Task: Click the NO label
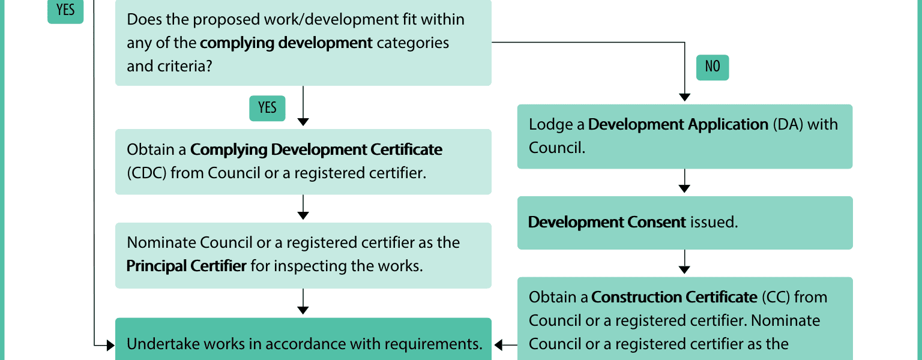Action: click(713, 67)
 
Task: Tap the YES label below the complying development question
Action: click(267, 108)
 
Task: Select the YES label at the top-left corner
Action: click(65, 10)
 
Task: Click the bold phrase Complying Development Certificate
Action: click(316, 150)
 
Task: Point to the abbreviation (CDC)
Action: click(146, 173)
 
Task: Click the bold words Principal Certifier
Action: click(187, 266)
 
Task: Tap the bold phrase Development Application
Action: click(678, 125)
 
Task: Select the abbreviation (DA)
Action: click(788, 125)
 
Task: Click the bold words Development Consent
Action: click(607, 222)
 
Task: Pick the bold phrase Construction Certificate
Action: click(674, 297)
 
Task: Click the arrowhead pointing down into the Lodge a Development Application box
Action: click(684, 98)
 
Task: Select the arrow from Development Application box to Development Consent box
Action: click(684, 181)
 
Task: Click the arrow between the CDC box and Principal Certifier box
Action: click(303, 207)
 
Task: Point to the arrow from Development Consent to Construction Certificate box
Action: click(684, 262)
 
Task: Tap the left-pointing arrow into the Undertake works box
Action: click(505, 345)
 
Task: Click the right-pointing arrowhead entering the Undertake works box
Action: click(110, 345)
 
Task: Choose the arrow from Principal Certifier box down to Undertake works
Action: click(303, 302)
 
